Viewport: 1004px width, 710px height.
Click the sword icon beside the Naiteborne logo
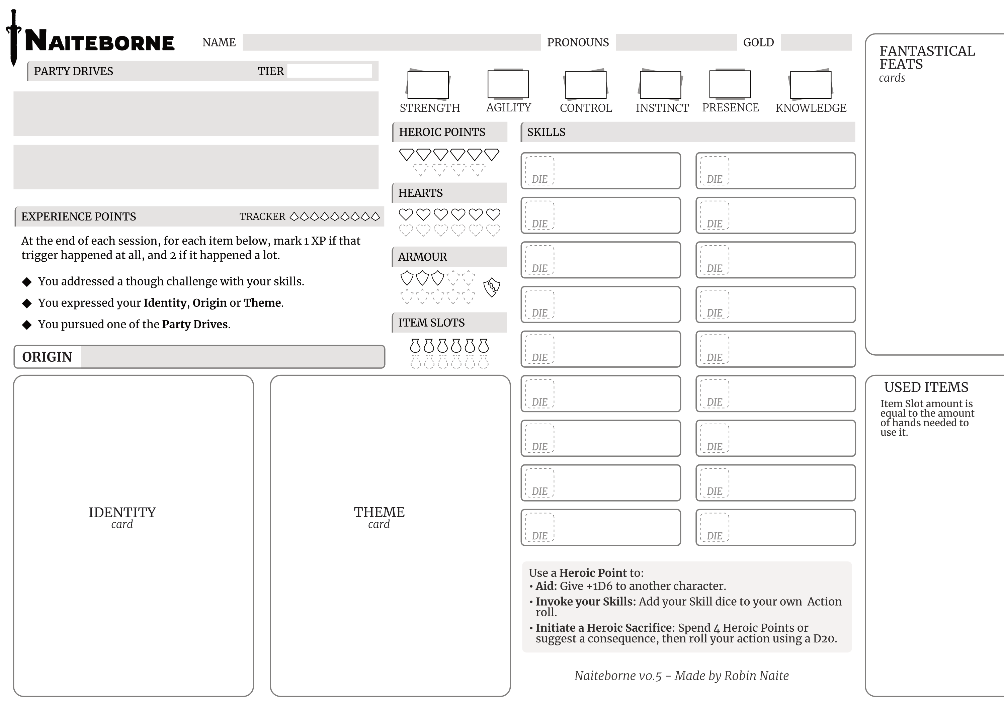click(14, 38)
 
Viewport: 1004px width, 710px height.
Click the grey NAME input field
click(391, 42)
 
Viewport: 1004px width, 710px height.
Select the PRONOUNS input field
click(676, 42)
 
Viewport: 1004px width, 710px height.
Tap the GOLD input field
click(816, 42)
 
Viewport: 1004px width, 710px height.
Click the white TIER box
click(329, 71)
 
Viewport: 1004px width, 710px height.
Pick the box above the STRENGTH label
click(428, 85)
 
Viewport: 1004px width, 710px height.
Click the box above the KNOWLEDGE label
click(810, 85)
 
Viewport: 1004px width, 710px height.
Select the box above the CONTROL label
click(586, 85)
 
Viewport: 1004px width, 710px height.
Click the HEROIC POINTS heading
click(442, 132)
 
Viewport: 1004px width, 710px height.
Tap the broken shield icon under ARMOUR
click(492, 287)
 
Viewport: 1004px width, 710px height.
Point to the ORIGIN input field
click(232, 357)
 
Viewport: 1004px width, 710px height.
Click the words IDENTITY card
click(122, 517)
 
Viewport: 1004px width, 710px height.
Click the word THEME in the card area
click(379, 512)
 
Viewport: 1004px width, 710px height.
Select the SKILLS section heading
click(546, 132)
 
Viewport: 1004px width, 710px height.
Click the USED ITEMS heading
click(926, 387)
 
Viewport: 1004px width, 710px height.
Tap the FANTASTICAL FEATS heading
click(927, 57)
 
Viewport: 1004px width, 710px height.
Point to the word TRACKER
click(262, 217)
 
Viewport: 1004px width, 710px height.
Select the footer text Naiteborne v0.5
click(618, 676)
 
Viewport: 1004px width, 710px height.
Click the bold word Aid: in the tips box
click(546, 586)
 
